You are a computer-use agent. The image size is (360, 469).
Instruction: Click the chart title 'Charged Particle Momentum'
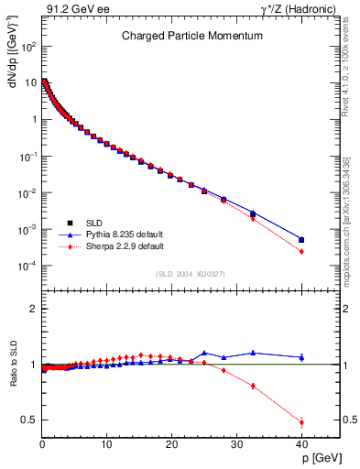[192, 36]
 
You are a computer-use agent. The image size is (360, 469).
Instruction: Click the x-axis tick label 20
[171, 444]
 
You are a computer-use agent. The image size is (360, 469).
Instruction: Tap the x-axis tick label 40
[301, 444]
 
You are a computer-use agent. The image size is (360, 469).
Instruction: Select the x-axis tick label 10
[106, 444]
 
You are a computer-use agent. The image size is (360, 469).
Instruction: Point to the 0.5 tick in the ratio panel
[29, 420]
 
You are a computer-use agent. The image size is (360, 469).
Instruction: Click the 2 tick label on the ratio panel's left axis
[32, 309]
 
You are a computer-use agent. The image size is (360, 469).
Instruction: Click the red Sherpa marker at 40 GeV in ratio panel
[301, 422]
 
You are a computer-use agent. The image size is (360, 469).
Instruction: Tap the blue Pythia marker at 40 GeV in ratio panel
[301, 357]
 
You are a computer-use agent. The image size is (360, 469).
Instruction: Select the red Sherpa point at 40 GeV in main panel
[301, 252]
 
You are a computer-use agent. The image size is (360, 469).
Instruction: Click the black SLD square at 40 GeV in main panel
[301, 240]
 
